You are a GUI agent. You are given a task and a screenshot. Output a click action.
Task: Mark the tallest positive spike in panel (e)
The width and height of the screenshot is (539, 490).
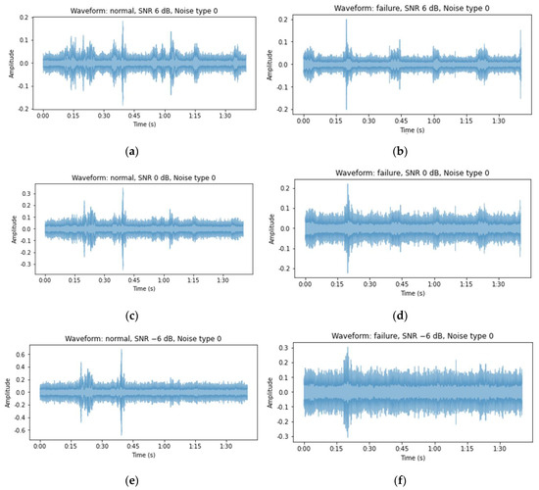pos(122,352)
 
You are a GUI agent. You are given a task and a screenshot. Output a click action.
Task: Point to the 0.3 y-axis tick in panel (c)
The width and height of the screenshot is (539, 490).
pos(27,194)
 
